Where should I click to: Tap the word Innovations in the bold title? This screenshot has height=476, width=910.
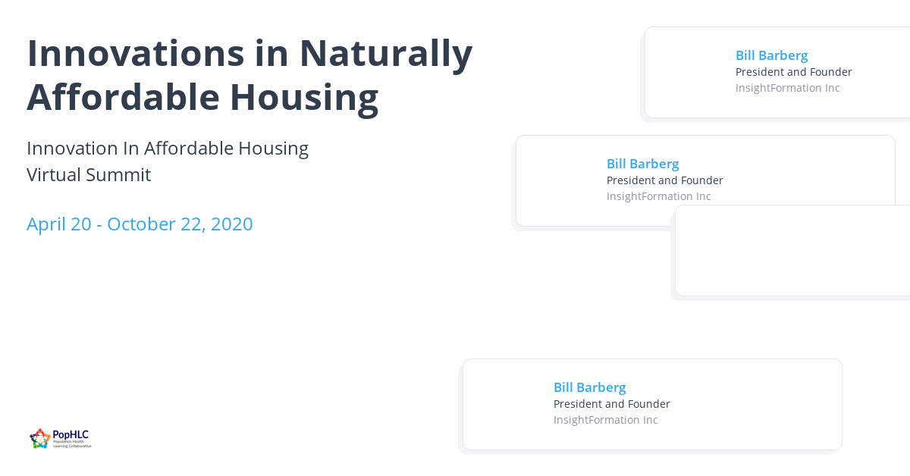[x=136, y=53]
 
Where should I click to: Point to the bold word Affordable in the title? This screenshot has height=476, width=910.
[x=122, y=97]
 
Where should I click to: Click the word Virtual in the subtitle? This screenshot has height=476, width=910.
[x=54, y=175]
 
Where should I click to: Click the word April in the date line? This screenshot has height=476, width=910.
[x=47, y=224]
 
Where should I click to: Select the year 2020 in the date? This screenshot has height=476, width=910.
[x=231, y=224]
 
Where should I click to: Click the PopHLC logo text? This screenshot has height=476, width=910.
[x=71, y=435]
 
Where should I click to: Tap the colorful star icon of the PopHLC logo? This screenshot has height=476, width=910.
[x=40, y=438]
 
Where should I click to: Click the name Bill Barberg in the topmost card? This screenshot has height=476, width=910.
[x=771, y=55]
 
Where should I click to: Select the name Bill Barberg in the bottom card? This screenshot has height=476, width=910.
[x=589, y=387]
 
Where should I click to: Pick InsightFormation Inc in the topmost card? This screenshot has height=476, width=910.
[x=787, y=88]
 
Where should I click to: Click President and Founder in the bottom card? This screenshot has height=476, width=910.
[x=611, y=404]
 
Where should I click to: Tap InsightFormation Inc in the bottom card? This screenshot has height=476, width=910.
[x=605, y=420]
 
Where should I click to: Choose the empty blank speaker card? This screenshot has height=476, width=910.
[x=792, y=250]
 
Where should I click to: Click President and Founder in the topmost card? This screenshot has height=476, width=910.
[x=793, y=72]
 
